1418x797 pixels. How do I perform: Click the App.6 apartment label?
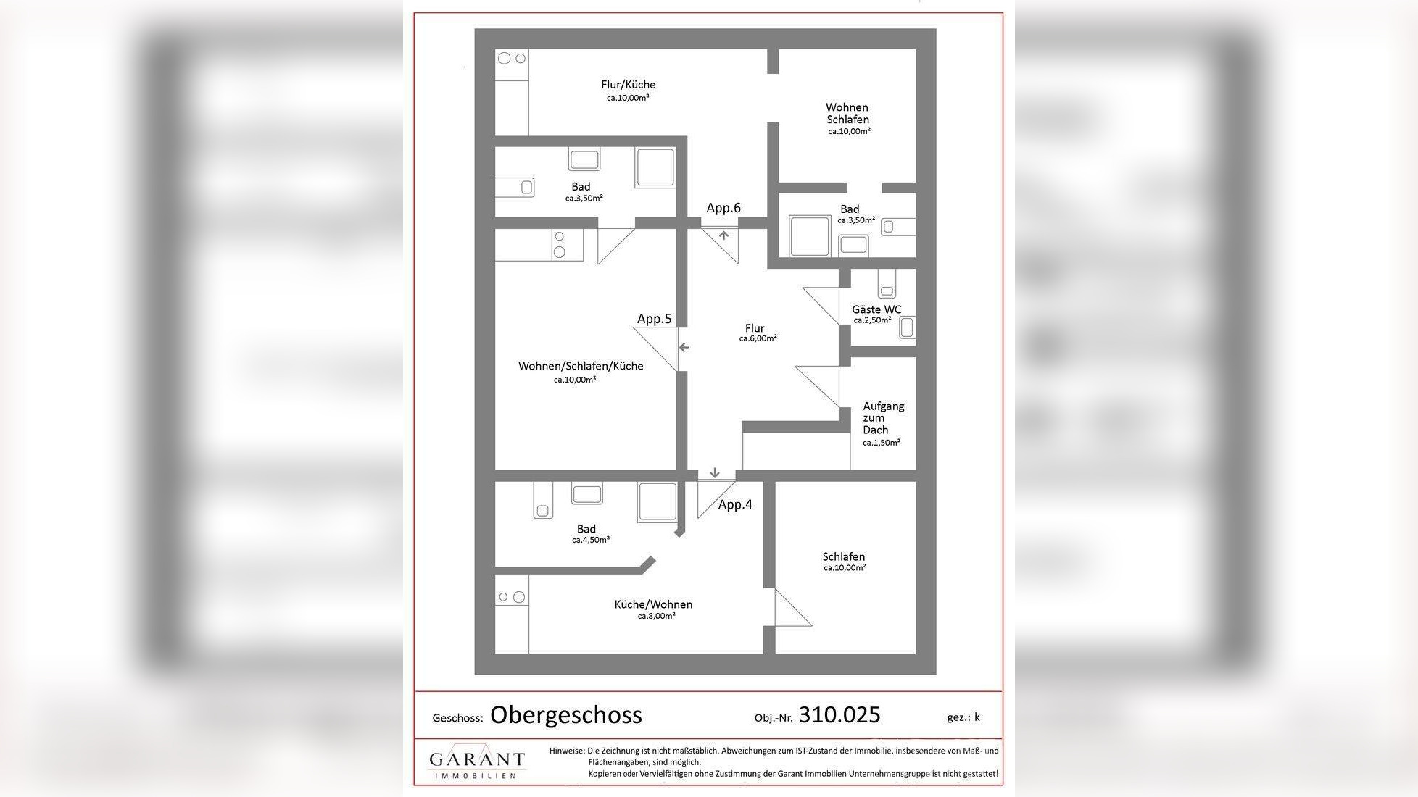[723, 208]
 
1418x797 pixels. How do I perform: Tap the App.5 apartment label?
[654, 319]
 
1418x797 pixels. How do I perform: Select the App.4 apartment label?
[735, 505]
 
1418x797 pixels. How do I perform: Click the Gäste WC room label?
[876, 310]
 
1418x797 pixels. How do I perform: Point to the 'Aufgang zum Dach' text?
[882, 418]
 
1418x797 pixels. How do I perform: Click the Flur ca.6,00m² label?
[756, 333]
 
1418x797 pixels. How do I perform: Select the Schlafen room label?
[844, 557]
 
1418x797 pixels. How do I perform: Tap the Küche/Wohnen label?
[653, 605]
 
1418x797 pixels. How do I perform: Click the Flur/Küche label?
[628, 85]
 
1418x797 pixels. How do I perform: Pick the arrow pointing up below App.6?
[723, 235]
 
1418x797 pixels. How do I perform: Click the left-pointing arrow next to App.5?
[684, 348]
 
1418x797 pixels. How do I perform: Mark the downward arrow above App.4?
[715, 473]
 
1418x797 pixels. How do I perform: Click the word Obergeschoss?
[566, 715]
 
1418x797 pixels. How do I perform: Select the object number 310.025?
[839, 715]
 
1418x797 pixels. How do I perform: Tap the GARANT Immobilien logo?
[476, 763]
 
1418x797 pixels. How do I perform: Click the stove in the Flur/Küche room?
[512, 59]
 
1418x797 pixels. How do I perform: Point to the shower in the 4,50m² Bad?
[658, 501]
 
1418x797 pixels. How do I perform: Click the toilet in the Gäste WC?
[906, 327]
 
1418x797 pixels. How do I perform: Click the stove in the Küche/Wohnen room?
[511, 597]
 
